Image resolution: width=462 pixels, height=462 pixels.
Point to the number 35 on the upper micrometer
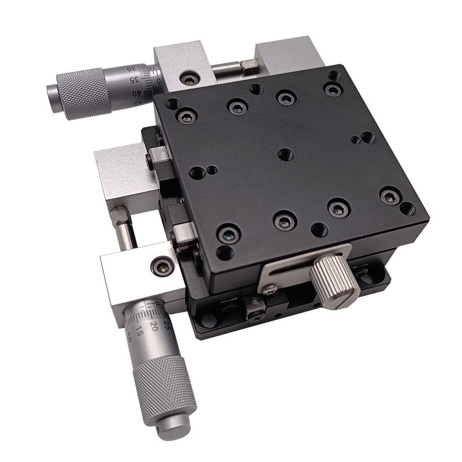[x=134, y=79]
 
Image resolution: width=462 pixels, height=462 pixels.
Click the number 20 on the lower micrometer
[x=154, y=326]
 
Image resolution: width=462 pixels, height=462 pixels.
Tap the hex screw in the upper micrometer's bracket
[x=188, y=78]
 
